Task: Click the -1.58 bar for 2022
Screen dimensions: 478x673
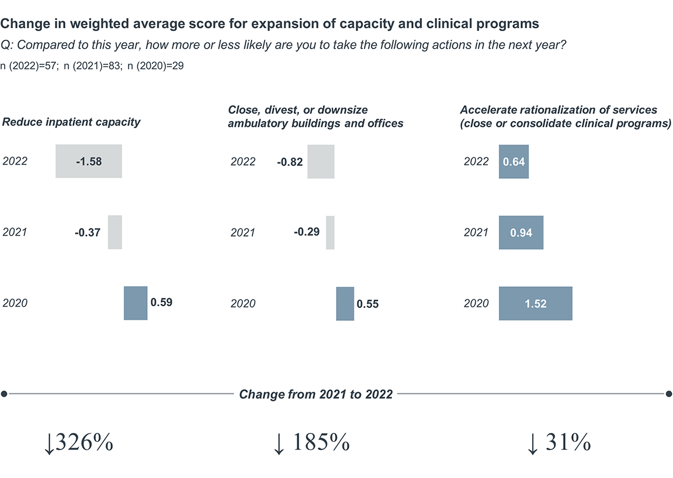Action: [89, 161]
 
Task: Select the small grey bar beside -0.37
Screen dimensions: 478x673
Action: [115, 232]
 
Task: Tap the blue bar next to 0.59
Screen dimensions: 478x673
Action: [136, 303]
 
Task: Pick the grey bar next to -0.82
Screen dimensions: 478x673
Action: [321, 161]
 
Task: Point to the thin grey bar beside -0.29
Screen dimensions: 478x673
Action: [330, 232]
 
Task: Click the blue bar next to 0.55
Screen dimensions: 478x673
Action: [345, 303]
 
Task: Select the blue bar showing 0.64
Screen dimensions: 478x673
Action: [514, 161]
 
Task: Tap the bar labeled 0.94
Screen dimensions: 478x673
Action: [521, 232]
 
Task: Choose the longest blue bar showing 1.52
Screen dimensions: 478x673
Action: [535, 303]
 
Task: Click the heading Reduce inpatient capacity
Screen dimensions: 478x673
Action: [71, 122]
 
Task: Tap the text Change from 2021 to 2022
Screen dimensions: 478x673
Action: [315, 394]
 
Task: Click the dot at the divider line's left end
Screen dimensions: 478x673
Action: [4, 394]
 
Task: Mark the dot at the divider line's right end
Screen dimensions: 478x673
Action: [669, 394]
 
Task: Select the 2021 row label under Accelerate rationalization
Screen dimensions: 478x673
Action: [476, 232]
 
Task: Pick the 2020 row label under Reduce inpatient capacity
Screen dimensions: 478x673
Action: [15, 303]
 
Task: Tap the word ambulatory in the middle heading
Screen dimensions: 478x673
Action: [254, 123]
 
